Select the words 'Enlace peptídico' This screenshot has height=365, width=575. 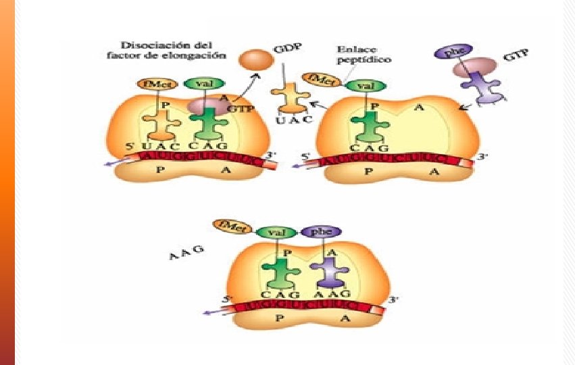364,54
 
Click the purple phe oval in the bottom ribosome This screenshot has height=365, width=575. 317,232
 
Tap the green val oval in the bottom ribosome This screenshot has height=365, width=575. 274,232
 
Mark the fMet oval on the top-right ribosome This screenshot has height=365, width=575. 319,79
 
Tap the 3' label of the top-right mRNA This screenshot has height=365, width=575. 481,157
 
